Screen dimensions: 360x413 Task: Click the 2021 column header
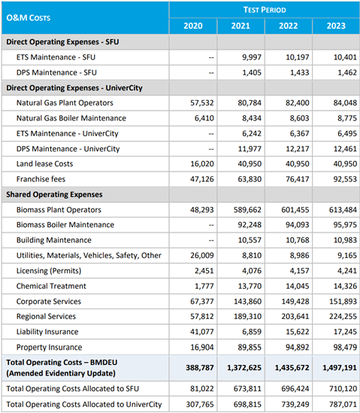pos(241,26)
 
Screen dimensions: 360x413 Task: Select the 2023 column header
pos(336,26)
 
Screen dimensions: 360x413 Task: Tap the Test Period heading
pos(265,10)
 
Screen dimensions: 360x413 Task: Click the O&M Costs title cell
pos(29,18)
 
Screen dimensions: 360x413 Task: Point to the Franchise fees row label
pos(41,179)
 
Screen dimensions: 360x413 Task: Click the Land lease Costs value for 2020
pos(202,164)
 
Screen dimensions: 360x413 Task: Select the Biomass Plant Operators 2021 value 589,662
pos(247,210)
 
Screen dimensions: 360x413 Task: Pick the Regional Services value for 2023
pos(343,317)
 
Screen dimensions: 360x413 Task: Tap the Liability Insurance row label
pos(47,332)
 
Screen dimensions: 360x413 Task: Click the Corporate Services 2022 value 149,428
pos(295,301)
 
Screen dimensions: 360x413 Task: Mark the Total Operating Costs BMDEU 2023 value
pos(340,368)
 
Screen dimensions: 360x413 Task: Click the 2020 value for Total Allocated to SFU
pos(202,389)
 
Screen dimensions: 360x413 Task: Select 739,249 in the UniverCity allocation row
pos(295,404)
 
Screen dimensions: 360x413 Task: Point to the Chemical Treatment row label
pos(51,286)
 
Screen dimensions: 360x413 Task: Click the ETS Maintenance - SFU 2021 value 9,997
pos(252,57)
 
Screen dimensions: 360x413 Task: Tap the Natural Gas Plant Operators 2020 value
pos(202,103)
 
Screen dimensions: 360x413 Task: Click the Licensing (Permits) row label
pos(49,271)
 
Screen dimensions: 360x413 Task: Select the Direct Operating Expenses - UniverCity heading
pos(74,88)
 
